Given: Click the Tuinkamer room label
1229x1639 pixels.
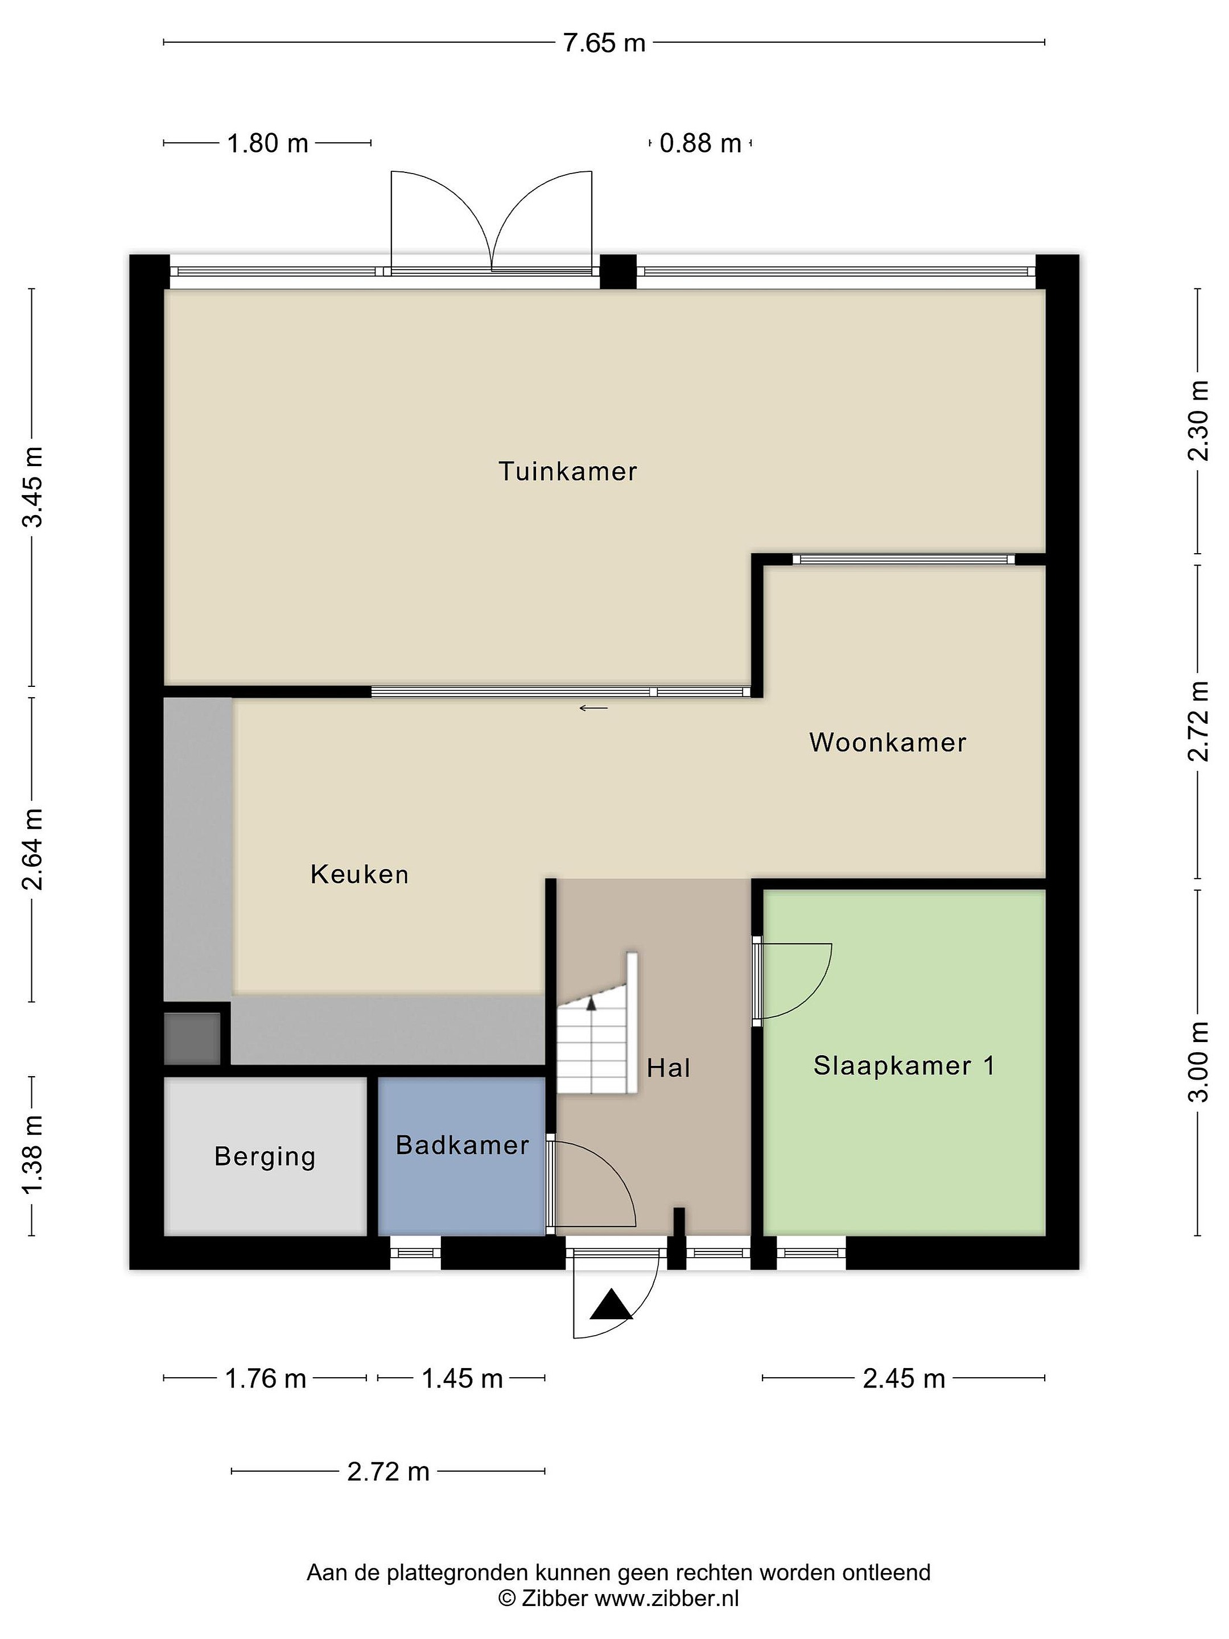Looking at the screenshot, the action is (567, 471).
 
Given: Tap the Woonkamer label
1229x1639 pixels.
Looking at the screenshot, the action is (888, 743).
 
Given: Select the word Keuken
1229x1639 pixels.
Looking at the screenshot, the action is (359, 874).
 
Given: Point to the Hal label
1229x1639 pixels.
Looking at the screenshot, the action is (668, 1068).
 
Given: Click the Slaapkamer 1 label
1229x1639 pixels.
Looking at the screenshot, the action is (904, 1065).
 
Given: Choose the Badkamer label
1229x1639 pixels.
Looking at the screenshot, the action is (462, 1145).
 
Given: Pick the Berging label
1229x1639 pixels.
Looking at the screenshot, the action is (265, 1156).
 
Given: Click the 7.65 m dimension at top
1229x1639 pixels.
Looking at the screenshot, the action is (604, 43).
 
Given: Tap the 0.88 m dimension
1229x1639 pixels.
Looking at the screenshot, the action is (700, 143).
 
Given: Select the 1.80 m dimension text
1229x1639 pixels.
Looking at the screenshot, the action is (267, 143).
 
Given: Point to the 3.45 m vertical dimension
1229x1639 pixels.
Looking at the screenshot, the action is (32, 486).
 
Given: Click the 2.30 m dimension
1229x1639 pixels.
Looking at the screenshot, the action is (1198, 421).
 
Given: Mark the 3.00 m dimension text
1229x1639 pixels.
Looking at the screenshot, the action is (1198, 1062).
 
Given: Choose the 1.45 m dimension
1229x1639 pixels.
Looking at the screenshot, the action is (462, 1378).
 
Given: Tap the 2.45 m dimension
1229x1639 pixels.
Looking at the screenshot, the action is (904, 1378).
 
